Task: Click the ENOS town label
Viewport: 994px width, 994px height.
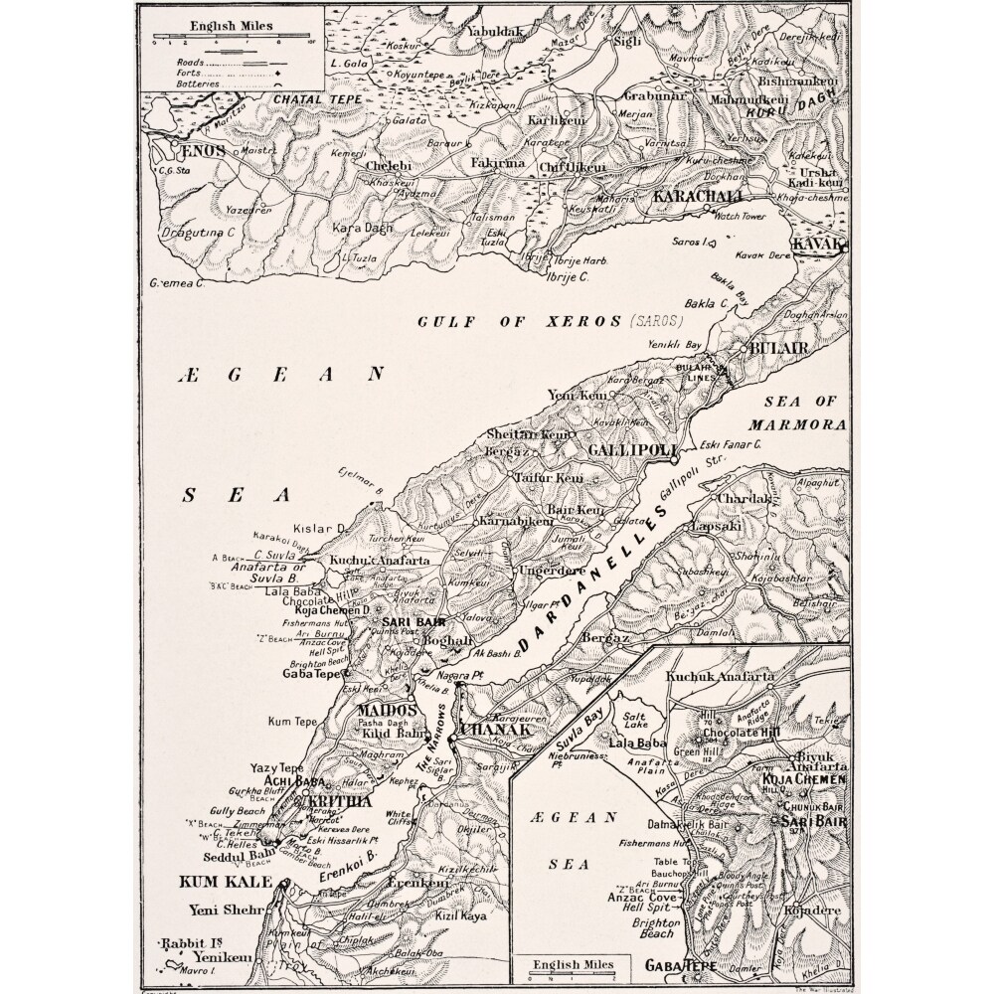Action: pos(201,151)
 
